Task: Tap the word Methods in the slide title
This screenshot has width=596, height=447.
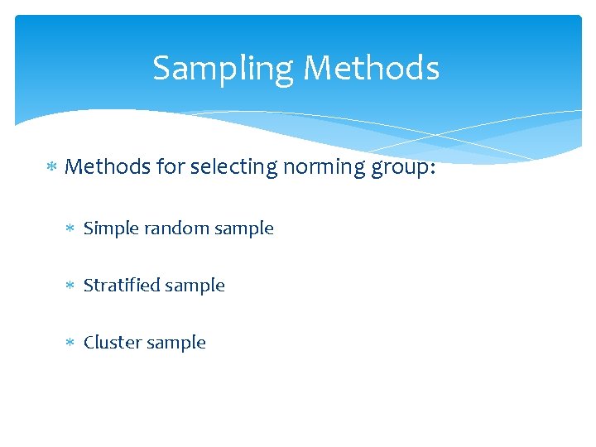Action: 371,68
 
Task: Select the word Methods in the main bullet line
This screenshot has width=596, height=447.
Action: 108,166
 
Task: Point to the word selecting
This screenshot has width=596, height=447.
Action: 233,167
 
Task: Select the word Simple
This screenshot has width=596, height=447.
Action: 111,228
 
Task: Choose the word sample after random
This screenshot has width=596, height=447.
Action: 243,229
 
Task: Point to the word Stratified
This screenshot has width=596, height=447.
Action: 122,286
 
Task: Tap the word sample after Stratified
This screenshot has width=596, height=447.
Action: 195,286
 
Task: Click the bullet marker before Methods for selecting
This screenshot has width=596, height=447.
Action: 51,167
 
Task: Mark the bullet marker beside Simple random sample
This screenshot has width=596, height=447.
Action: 71,228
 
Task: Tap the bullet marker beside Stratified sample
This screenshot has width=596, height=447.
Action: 71,286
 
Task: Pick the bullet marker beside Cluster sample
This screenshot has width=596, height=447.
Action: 71,343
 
